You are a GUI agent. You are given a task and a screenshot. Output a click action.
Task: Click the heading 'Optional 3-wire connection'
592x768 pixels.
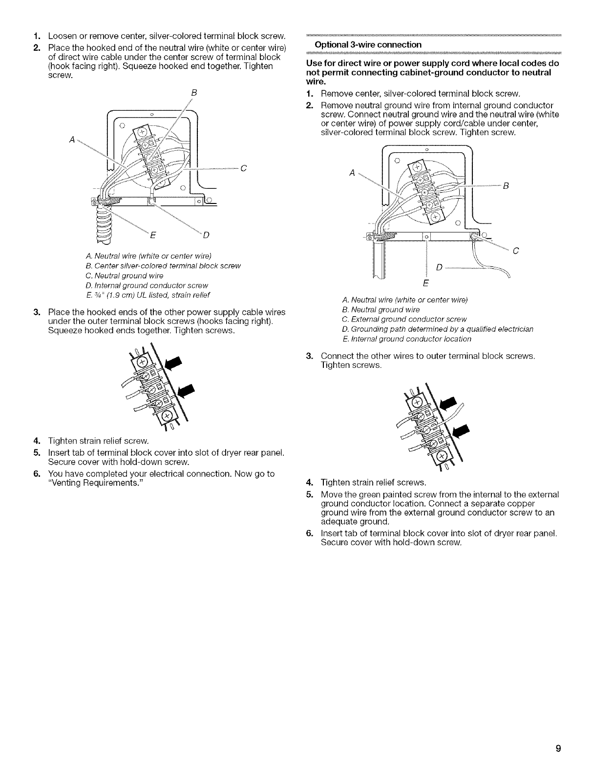pos(368,45)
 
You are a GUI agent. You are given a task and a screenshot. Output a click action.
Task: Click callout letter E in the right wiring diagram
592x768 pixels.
pos(424,283)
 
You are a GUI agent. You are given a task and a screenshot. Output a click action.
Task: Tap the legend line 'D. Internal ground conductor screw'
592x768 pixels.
pos(147,285)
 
